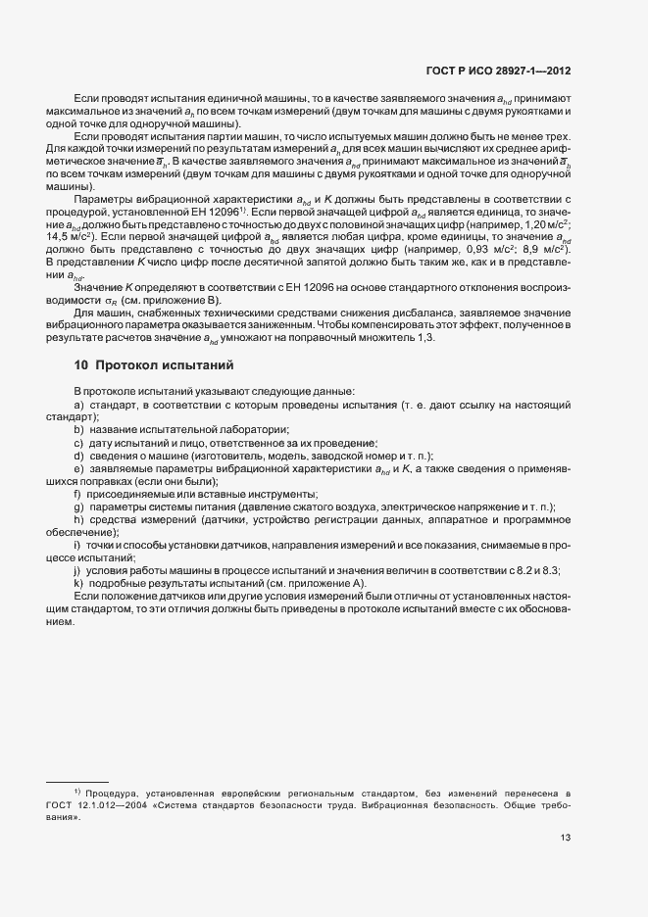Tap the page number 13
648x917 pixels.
tap(566, 837)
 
